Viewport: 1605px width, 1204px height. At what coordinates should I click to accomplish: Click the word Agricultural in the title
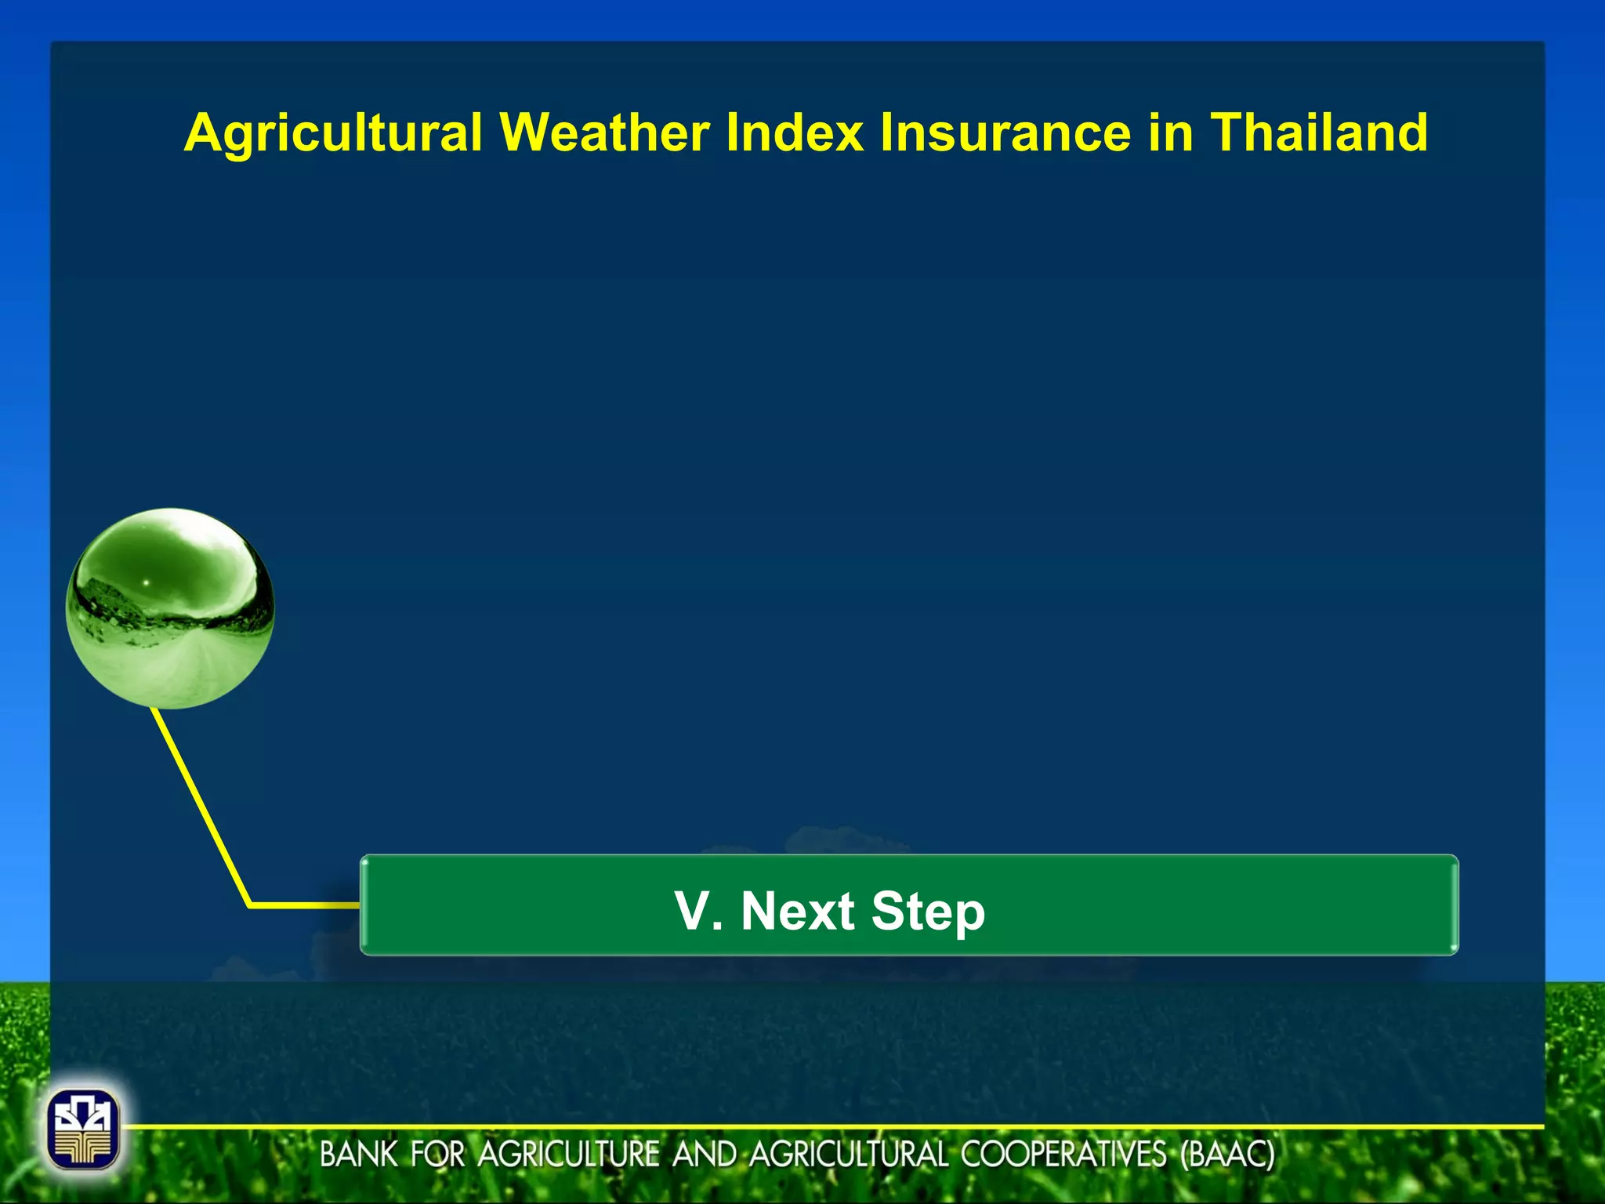pyautogui.click(x=333, y=133)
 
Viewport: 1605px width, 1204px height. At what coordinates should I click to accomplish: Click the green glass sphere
pyautogui.click(x=170, y=608)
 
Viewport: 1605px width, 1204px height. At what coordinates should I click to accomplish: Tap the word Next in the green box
pyautogui.click(x=797, y=911)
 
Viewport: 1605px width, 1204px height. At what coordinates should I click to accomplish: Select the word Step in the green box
pyautogui.click(x=928, y=912)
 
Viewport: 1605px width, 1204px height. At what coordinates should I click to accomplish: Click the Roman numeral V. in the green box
pyautogui.click(x=697, y=911)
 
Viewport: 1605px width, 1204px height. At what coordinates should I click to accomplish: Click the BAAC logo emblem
pyautogui.click(x=83, y=1129)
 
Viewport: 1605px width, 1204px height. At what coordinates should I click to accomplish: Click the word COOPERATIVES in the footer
pyautogui.click(x=1063, y=1155)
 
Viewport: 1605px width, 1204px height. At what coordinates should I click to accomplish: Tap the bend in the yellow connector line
pyautogui.click(x=250, y=905)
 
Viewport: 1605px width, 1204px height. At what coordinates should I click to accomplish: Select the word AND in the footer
pyautogui.click(x=705, y=1155)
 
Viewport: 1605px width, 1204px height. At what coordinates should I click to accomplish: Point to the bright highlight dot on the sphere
pyautogui.click(x=145, y=582)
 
